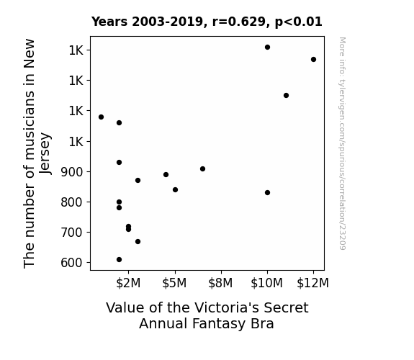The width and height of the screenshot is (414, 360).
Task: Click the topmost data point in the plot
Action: click(267, 48)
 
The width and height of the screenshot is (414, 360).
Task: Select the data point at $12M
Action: click(313, 60)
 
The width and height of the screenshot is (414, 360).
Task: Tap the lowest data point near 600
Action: click(119, 260)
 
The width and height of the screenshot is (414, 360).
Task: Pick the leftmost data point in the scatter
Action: click(101, 117)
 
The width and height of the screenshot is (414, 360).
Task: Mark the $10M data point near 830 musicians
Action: click(267, 193)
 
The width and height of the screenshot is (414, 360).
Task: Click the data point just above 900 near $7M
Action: click(202, 169)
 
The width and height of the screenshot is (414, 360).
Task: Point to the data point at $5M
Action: click(175, 190)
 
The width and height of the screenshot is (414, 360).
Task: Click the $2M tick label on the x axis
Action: click(128, 283)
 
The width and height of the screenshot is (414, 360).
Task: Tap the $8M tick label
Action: click(220, 283)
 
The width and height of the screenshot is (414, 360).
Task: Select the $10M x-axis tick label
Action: click(266, 283)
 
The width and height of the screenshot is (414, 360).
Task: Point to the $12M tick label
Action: click(313, 283)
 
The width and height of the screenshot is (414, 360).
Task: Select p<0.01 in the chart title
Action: click(299, 22)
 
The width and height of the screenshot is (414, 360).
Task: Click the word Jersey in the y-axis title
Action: click(45, 153)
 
